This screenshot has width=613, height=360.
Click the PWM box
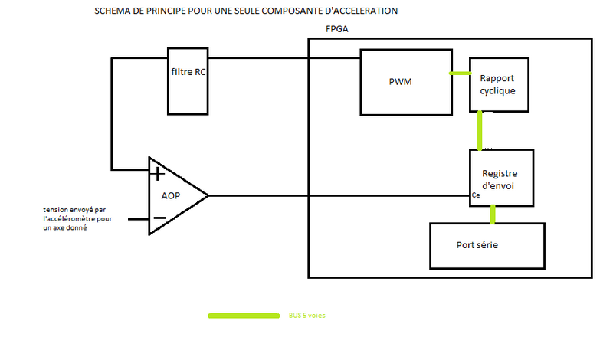[x=405, y=81]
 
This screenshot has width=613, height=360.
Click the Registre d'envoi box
[x=500, y=178]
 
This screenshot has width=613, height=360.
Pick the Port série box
[x=487, y=245]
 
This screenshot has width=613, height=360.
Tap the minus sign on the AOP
[x=159, y=218]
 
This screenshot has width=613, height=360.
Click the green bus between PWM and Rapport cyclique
[x=460, y=74]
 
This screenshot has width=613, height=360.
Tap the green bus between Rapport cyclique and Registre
[x=480, y=130]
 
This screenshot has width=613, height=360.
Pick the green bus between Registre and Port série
[x=491, y=214]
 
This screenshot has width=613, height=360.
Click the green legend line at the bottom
[x=243, y=315]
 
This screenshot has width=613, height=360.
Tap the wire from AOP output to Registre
[x=337, y=195]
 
